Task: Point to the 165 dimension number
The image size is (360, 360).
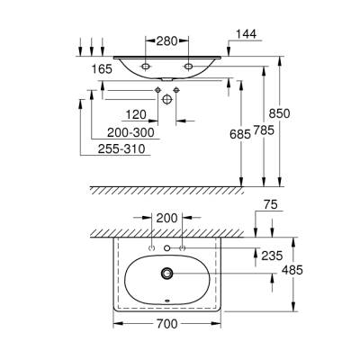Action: click(x=100, y=67)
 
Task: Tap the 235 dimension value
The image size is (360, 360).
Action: click(x=270, y=254)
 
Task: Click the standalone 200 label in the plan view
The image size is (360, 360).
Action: click(x=167, y=218)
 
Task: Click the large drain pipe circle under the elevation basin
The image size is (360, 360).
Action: click(x=167, y=102)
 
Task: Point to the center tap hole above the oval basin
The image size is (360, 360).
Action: click(x=167, y=247)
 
